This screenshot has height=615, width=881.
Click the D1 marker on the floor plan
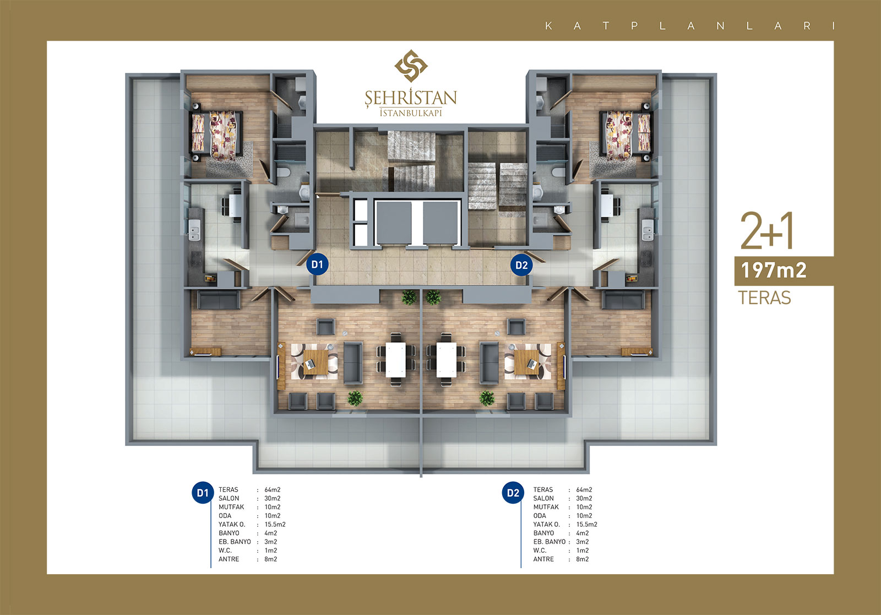(317, 265)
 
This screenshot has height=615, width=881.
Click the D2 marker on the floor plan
(521, 265)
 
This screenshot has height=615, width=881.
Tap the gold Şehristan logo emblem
(411, 66)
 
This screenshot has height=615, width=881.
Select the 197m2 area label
(774, 271)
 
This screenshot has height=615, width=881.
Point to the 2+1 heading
(766, 231)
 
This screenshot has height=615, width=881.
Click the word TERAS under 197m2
(764, 298)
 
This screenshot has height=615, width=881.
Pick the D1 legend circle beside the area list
(203, 493)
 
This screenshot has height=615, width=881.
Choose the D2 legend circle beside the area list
(513, 493)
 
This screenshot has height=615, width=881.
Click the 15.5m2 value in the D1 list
(275, 525)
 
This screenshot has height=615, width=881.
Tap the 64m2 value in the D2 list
(584, 490)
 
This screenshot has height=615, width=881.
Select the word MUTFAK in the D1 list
(231, 507)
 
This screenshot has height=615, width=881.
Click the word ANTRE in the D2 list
(543, 559)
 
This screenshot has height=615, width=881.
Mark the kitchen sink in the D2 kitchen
(648, 230)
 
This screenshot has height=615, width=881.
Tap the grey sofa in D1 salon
(353, 363)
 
